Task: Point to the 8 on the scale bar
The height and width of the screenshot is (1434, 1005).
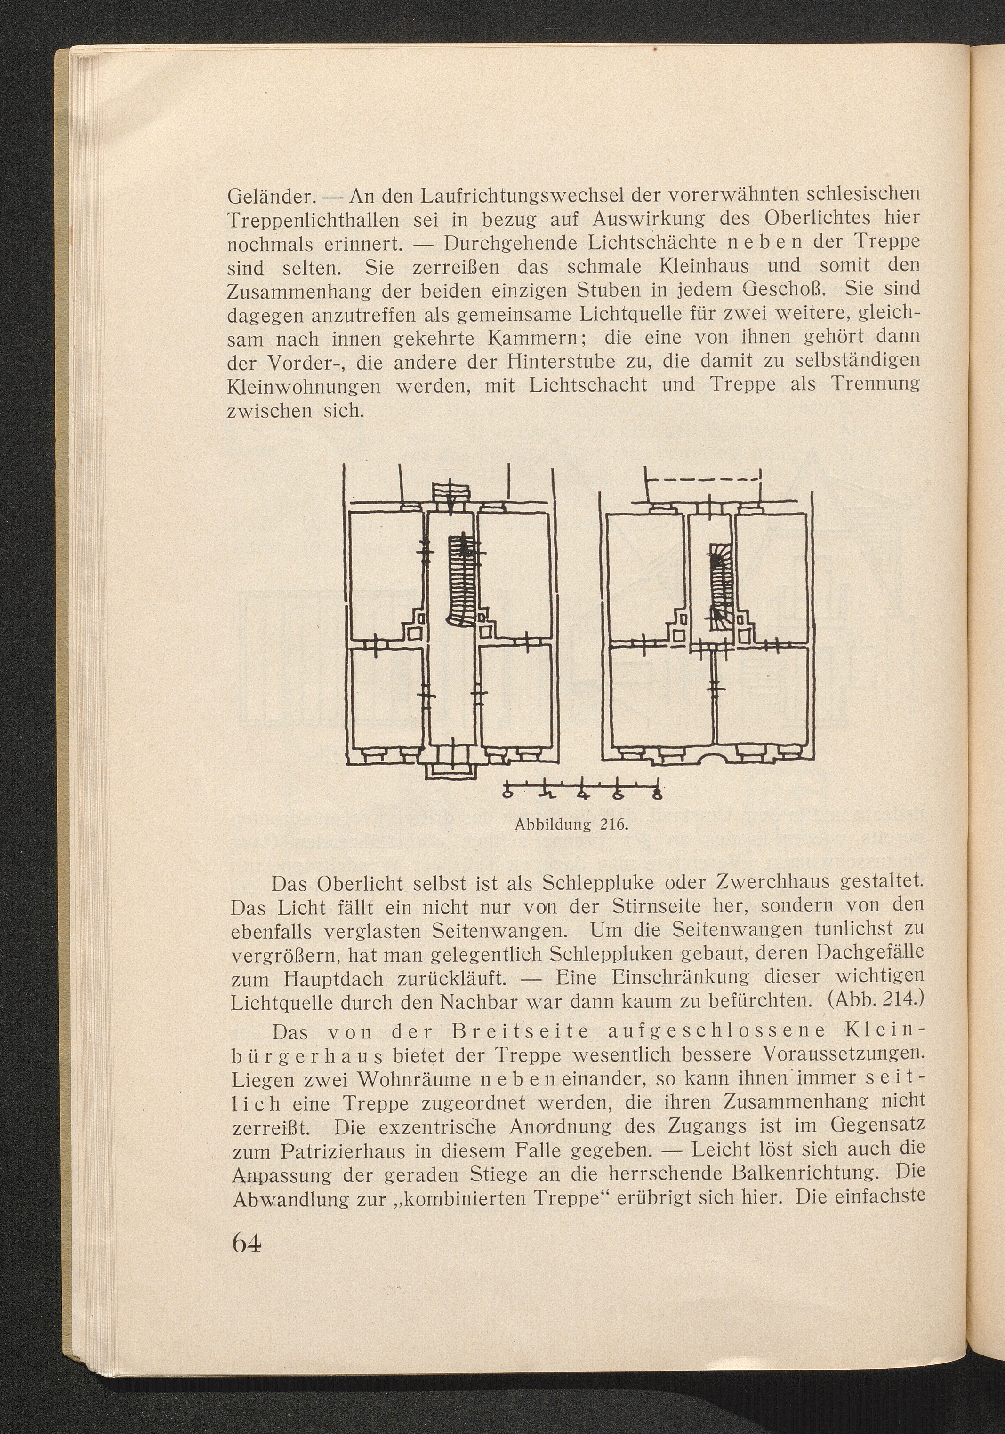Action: coord(656,795)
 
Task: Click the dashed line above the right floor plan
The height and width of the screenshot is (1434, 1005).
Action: coord(703,480)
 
